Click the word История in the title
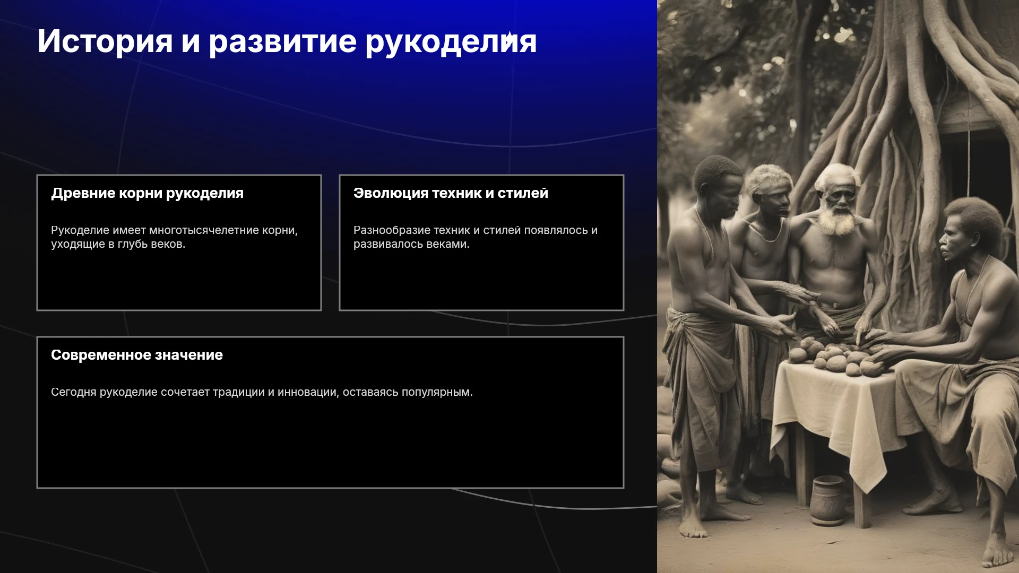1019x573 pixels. (x=105, y=41)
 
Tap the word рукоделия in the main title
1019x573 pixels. (x=451, y=41)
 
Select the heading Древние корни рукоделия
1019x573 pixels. (x=148, y=193)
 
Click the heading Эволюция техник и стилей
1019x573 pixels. (x=451, y=193)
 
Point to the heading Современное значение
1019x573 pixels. (x=137, y=355)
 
